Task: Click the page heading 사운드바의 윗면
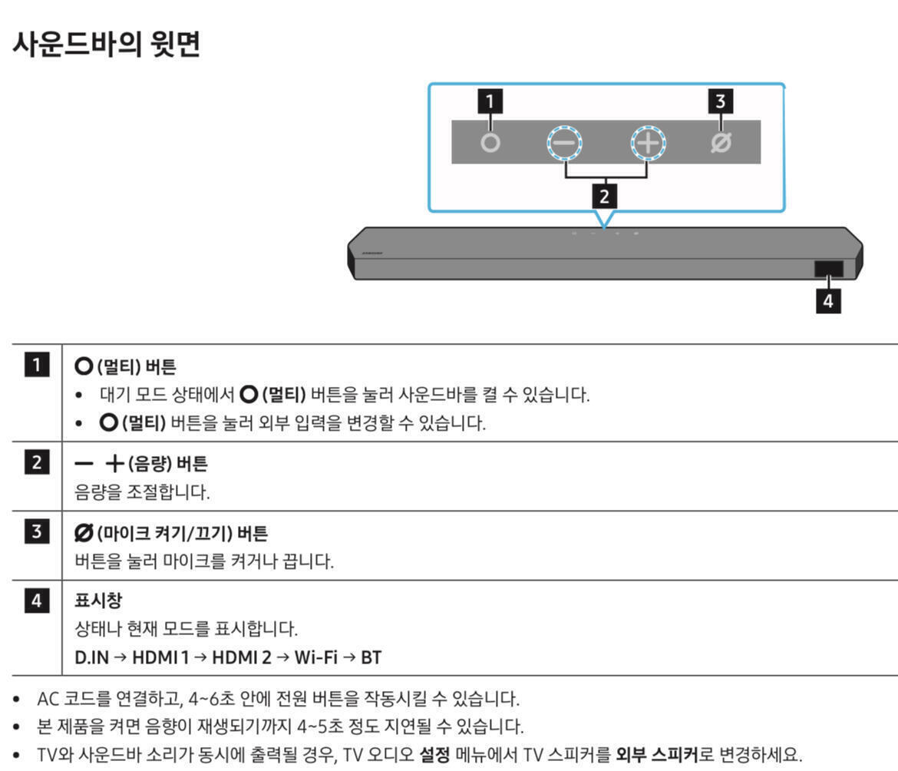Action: click(107, 44)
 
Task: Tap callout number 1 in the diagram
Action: click(490, 101)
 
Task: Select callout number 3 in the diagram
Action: click(720, 101)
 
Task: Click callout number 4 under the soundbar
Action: click(828, 301)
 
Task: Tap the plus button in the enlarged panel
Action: click(649, 143)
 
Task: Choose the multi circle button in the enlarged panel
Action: click(490, 144)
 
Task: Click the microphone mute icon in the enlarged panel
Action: click(721, 143)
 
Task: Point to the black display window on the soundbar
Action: click(829, 269)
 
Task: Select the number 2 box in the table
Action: click(37, 463)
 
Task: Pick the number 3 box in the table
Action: click(37, 531)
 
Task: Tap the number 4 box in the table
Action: click(37, 600)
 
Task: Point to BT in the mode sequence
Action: click(371, 658)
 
